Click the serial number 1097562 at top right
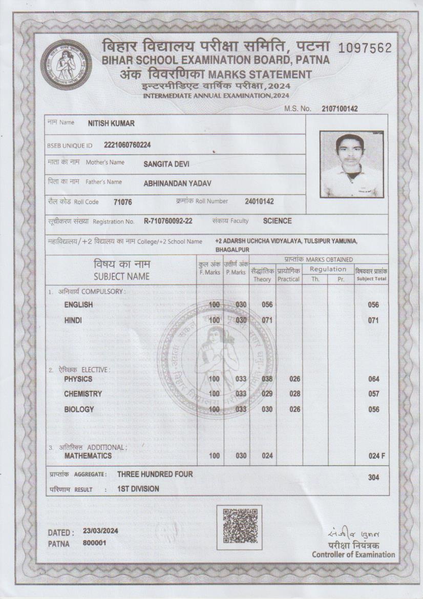tap(365, 48)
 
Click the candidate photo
tap(349, 165)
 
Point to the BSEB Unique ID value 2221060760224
tap(127, 145)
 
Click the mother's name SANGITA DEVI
tap(166, 164)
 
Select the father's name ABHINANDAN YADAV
tap(177, 183)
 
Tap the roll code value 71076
tap(123, 202)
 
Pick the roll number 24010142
tap(259, 201)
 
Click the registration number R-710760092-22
tap(168, 221)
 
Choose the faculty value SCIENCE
tap(277, 221)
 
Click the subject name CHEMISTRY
tap(83, 394)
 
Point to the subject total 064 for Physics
tap(373, 379)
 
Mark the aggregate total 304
tap(373, 477)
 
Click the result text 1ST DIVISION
tap(138, 489)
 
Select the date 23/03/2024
tap(100, 531)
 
